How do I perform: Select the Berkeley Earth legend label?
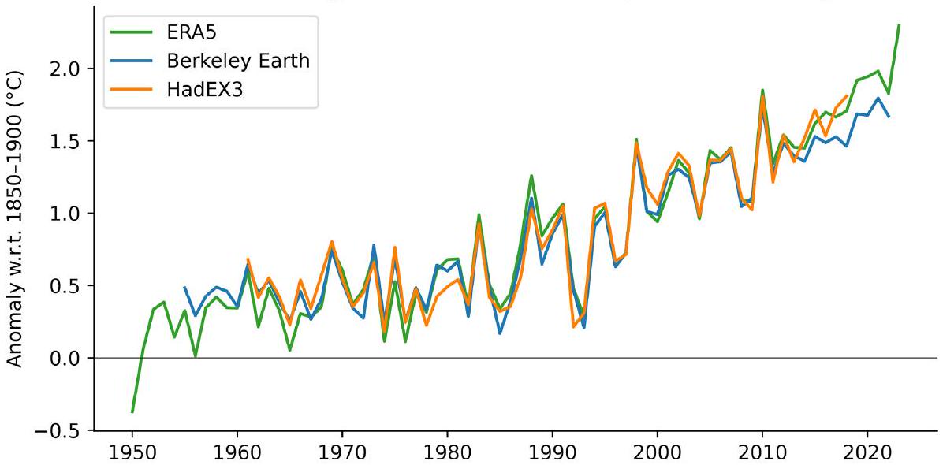(237, 62)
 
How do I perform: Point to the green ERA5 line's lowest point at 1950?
(132, 411)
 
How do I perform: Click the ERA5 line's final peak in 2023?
(899, 25)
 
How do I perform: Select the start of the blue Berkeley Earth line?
(184, 288)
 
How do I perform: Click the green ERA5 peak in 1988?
(531, 176)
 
